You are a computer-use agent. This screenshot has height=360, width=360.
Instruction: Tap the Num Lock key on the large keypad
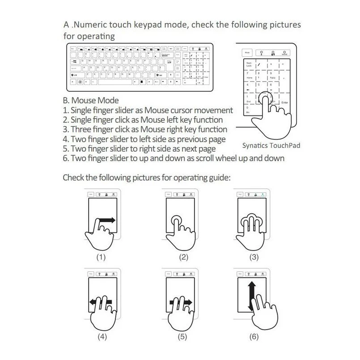249,64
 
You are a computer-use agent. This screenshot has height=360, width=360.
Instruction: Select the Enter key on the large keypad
285,102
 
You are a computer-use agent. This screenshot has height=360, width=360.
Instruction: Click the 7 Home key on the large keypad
249,76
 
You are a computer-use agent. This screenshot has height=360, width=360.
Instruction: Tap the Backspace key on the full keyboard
167,55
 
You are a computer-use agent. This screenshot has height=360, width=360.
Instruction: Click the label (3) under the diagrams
254,258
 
